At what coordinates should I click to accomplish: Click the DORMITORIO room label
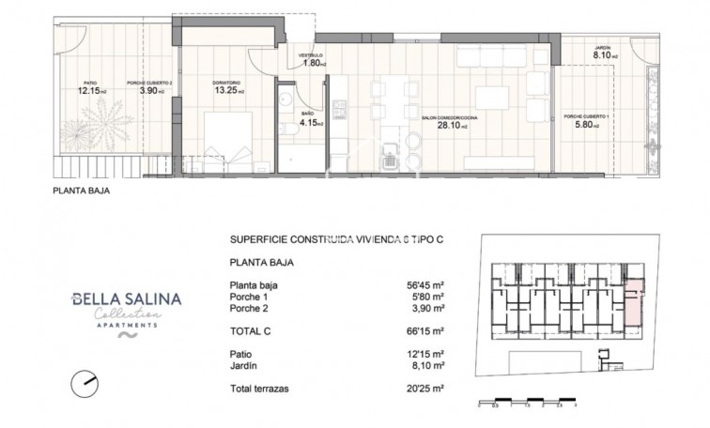[x=228, y=83]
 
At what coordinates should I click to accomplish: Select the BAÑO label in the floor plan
[x=307, y=112]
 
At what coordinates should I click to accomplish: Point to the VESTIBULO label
[x=311, y=55]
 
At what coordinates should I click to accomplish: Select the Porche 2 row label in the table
[x=249, y=307]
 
